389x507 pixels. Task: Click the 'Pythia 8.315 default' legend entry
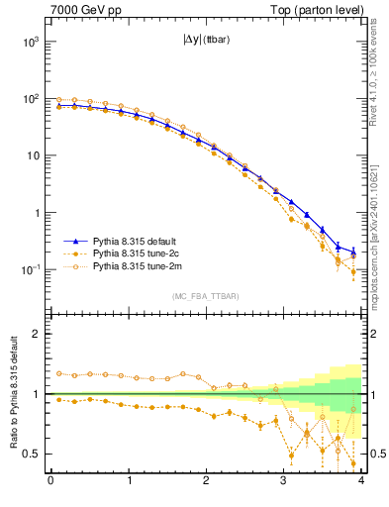[x=142, y=241]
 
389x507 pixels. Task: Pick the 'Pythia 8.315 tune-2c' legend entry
[x=142, y=253]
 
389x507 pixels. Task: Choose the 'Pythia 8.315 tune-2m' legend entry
[x=142, y=266]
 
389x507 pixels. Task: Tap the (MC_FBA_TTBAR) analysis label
[x=206, y=296]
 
